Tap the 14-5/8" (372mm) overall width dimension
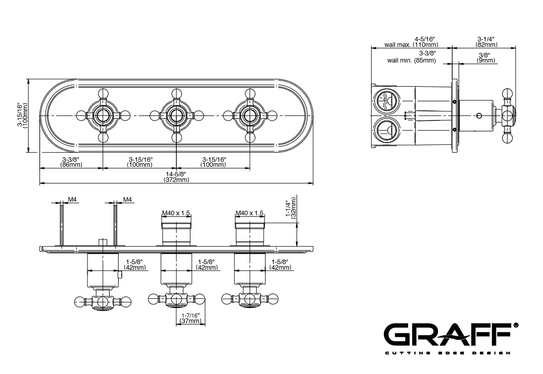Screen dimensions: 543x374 click(176, 176)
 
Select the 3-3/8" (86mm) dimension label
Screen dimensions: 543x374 click(71, 162)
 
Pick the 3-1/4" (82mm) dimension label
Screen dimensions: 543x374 click(486, 42)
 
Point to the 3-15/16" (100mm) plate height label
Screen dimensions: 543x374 click(22, 115)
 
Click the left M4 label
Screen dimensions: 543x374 click(72, 200)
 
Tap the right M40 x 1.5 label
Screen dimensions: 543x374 click(250, 213)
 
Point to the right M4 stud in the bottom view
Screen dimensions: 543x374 click(115, 225)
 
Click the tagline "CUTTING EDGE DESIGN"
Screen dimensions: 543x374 click(448, 353)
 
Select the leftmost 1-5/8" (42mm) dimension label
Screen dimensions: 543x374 click(135, 265)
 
